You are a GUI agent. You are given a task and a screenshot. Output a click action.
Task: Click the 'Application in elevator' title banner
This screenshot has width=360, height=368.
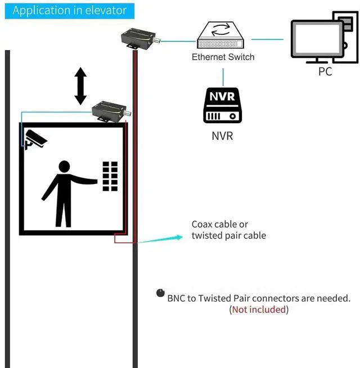tap(70, 10)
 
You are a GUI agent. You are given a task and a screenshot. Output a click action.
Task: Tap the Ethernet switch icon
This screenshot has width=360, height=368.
tap(220, 35)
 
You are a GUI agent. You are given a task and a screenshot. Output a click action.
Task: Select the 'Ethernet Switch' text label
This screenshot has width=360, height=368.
tap(223, 57)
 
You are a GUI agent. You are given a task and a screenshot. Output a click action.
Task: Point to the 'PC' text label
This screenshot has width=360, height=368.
tap(325, 71)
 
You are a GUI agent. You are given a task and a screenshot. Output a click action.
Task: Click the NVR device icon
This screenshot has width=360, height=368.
tap(223, 105)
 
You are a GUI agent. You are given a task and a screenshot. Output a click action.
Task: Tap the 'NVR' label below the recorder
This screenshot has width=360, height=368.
tap(222, 136)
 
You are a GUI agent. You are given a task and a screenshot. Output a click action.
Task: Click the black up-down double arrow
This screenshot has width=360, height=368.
tap(80, 86)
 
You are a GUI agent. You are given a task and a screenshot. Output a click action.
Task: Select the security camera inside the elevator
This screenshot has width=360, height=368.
tap(35, 139)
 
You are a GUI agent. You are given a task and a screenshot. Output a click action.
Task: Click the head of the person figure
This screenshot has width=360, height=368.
tap(64, 167)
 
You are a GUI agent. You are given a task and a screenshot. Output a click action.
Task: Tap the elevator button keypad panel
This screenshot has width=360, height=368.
tap(110, 176)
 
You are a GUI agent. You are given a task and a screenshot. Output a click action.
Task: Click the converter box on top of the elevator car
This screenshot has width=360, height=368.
tap(110, 111)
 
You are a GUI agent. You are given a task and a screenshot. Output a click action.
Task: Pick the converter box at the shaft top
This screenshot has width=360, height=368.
tap(139, 39)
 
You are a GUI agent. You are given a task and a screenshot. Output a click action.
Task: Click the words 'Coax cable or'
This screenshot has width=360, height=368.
tap(219, 224)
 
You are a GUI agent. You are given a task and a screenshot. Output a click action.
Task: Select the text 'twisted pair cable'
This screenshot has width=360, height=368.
tap(228, 235)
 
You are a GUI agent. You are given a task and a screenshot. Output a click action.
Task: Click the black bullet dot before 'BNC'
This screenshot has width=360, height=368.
tap(160, 293)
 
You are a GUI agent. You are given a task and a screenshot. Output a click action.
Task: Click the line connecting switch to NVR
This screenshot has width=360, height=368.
tap(223, 77)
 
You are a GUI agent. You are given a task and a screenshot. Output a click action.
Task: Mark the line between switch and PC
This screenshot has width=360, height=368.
tap(267, 39)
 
